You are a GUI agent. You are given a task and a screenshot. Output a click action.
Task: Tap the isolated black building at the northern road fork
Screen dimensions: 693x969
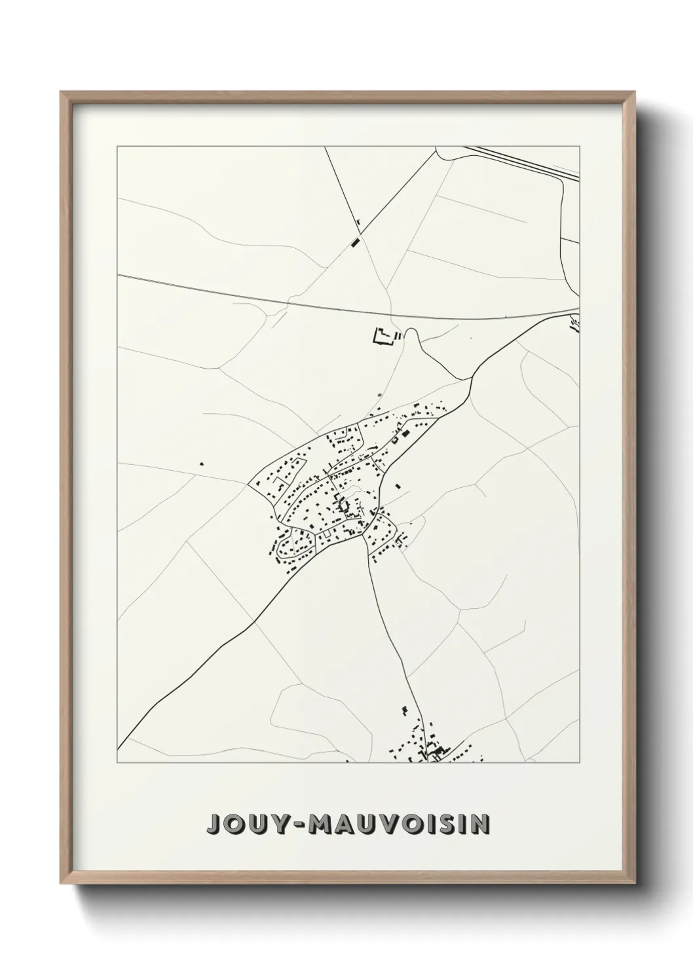pos(356,241)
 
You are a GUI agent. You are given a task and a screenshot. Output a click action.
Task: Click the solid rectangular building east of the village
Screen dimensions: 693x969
pos(397,486)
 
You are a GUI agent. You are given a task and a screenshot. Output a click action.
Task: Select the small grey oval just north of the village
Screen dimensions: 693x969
pos(379,395)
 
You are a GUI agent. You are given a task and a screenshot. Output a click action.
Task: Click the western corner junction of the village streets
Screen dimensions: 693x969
pos(249,486)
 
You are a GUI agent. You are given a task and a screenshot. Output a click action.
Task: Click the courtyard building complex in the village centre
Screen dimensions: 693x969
pos(342,504)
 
